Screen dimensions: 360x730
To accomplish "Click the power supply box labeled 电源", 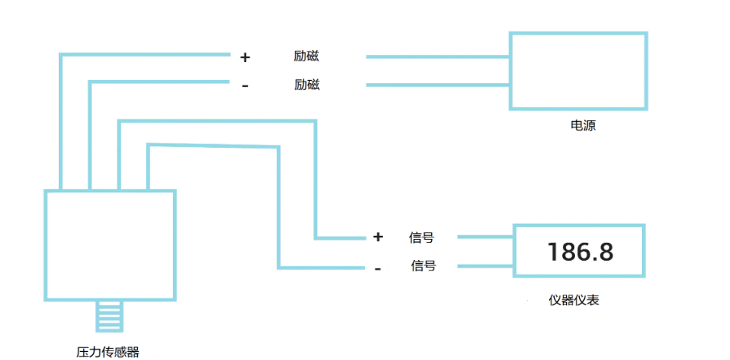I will [x=577, y=70].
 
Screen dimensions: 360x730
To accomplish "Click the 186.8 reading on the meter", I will [x=580, y=252].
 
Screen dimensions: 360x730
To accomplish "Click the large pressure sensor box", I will [x=110, y=245].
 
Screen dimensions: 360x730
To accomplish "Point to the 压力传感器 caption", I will [x=107, y=351].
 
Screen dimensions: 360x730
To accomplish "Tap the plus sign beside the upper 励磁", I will [x=245, y=57].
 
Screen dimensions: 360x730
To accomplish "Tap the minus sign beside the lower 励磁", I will [x=245, y=86].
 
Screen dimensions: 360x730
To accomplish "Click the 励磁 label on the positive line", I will [x=307, y=57].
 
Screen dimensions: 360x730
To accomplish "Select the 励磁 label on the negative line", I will [x=307, y=84].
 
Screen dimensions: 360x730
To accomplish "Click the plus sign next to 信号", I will [x=378, y=237].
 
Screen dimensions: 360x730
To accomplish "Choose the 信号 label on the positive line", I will [x=422, y=237].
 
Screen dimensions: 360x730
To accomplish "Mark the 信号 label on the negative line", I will [x=424, y=265].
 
